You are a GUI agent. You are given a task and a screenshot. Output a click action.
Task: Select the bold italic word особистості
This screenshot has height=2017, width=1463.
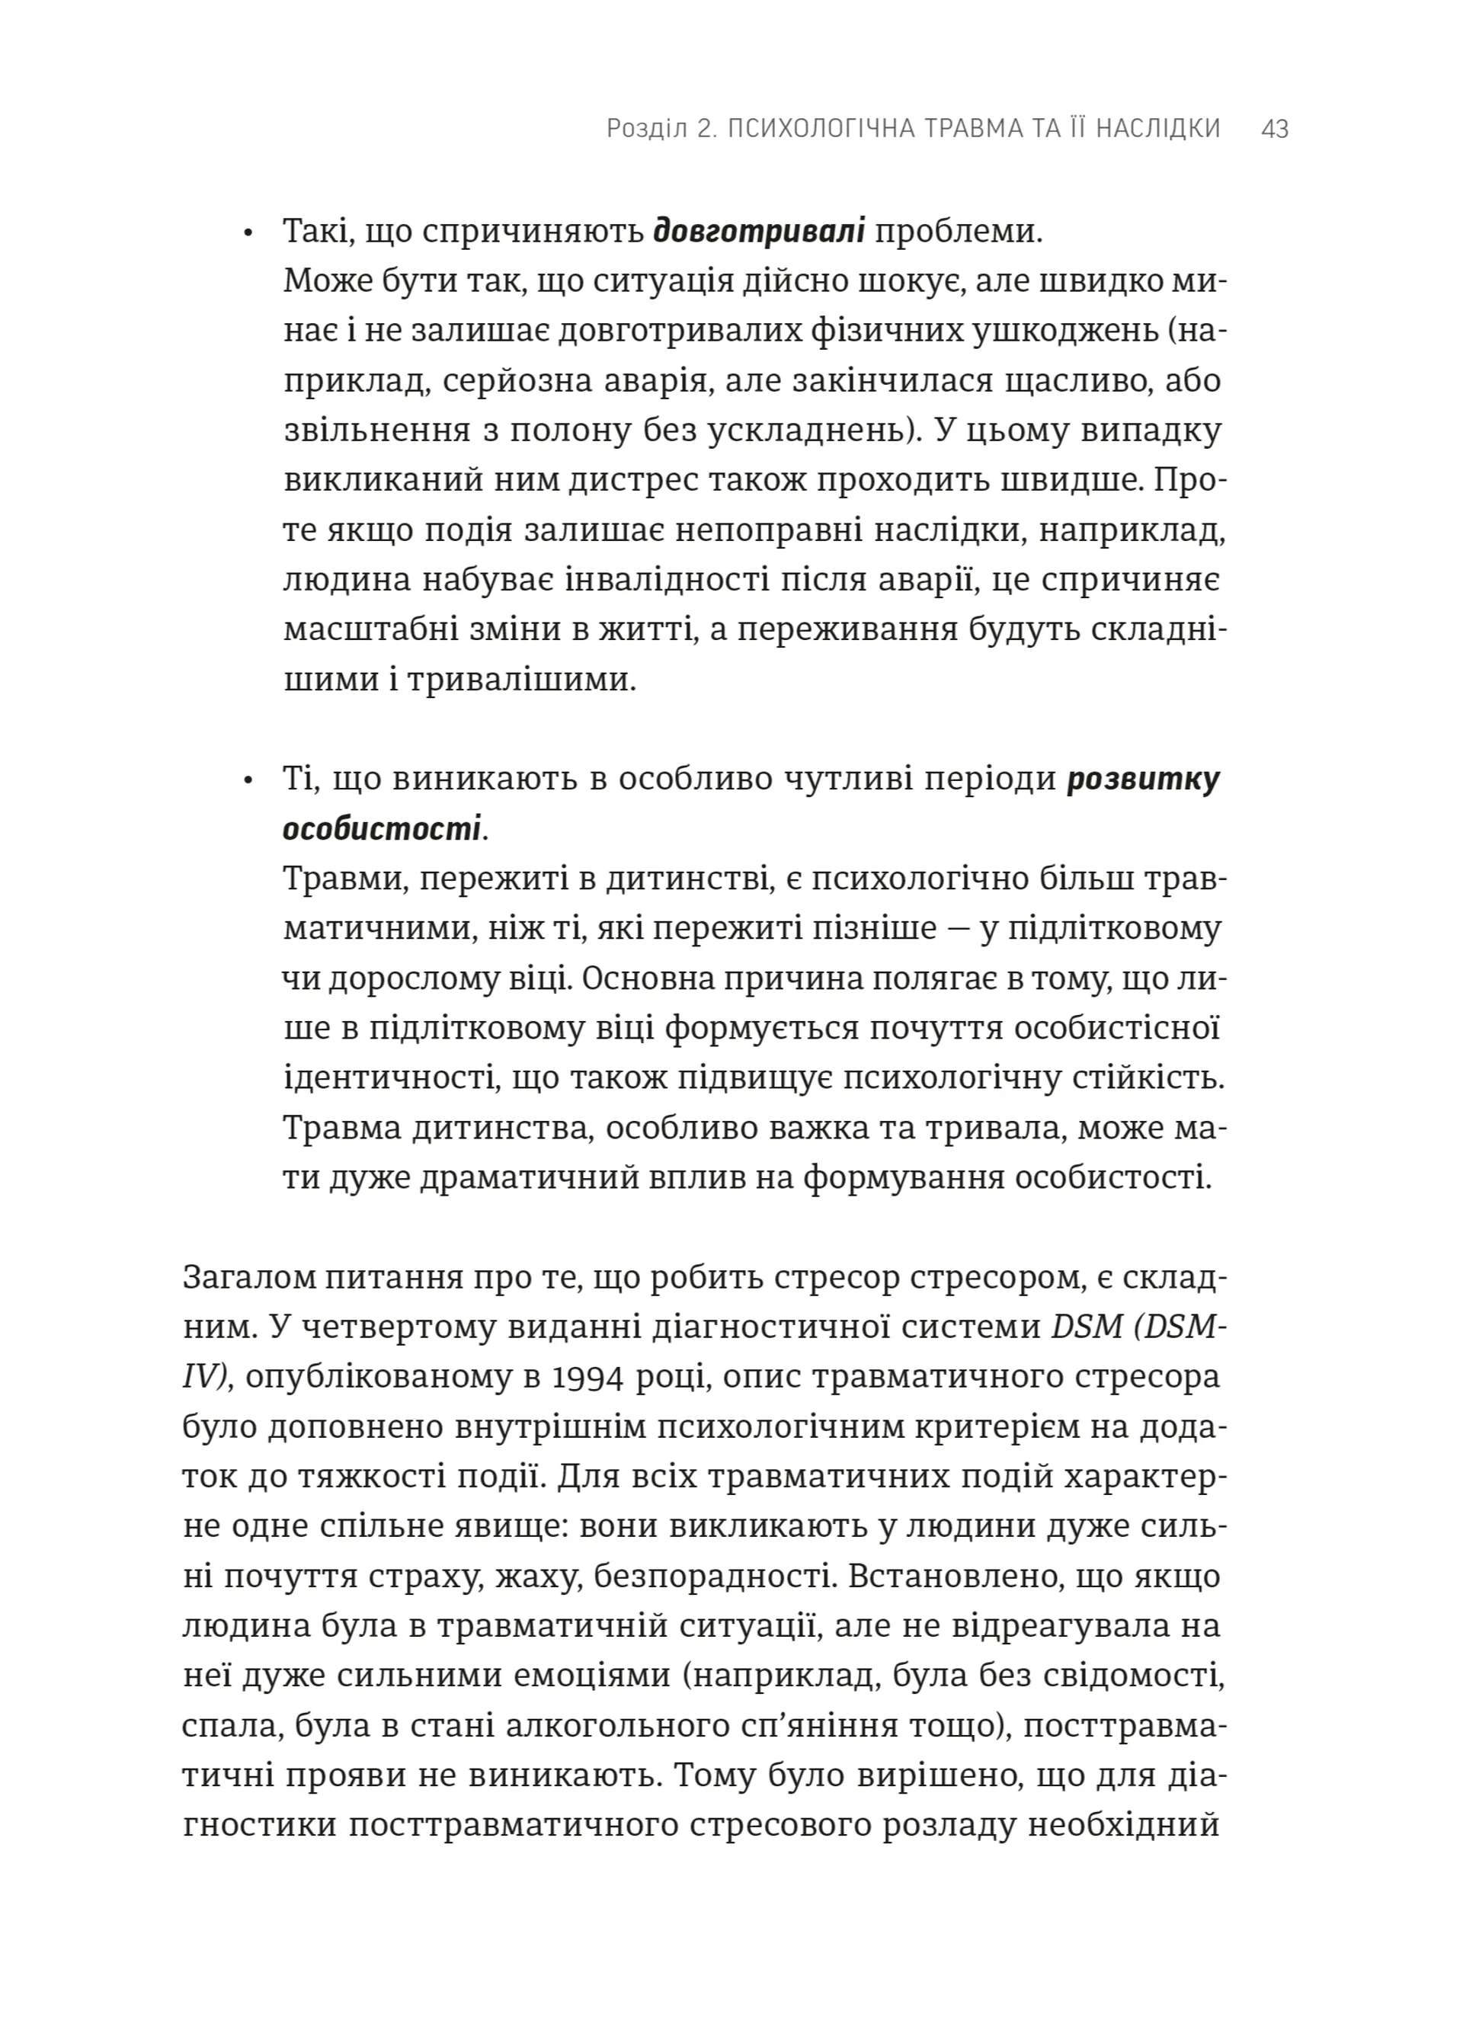(382, 829)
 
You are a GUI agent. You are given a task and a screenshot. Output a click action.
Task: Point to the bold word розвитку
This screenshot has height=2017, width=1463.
(1144, 779)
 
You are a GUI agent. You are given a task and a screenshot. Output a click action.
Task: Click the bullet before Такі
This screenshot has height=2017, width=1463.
(249, 235)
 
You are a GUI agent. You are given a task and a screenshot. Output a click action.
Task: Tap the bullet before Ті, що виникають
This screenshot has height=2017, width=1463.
(249, 781)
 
